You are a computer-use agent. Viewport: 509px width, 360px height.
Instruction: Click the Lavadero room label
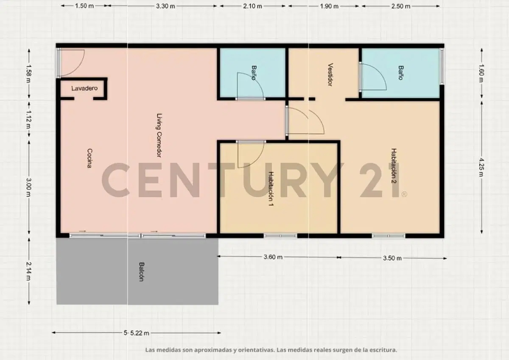84,88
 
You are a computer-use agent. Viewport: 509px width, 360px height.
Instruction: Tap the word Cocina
89,158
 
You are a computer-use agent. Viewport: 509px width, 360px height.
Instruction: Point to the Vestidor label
330,75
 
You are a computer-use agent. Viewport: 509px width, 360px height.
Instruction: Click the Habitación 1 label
271,189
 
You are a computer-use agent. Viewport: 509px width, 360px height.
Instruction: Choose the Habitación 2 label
394,166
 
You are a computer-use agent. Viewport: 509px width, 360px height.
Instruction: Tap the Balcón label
142,272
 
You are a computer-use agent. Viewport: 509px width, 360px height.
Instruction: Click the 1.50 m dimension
84,6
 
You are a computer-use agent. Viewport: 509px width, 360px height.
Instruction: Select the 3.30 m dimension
165,6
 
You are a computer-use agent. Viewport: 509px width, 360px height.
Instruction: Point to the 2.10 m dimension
252,6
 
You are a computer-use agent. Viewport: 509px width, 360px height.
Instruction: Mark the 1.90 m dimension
329,6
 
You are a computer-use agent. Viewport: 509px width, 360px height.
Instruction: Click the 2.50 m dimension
400,6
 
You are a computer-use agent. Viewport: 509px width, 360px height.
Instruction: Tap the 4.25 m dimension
481,167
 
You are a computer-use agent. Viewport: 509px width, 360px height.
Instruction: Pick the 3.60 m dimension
273,257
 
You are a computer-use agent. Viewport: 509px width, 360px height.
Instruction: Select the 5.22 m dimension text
140,333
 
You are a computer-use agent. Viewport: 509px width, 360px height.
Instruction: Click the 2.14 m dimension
29,271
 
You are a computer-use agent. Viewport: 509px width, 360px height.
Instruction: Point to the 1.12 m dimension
29,120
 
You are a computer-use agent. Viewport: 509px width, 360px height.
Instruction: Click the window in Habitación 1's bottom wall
280,236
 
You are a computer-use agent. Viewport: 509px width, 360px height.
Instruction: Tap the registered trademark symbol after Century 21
404,194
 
